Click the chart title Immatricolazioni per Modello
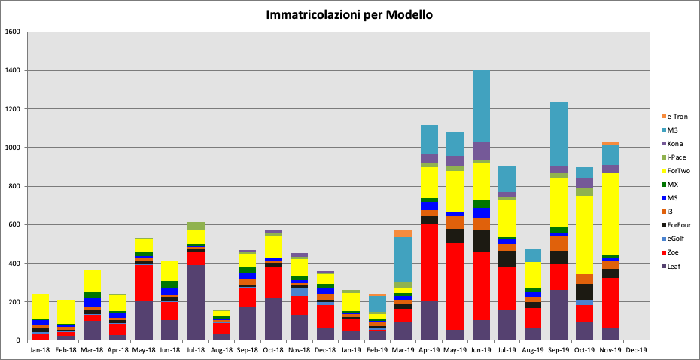[x=349, y=14]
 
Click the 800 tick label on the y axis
[x=13, y=186]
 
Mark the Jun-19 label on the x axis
[x=482, y=350]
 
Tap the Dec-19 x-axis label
[x=637, y=350]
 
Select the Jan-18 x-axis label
[x=41, y=350]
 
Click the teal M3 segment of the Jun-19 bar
[x=482, y=105]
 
